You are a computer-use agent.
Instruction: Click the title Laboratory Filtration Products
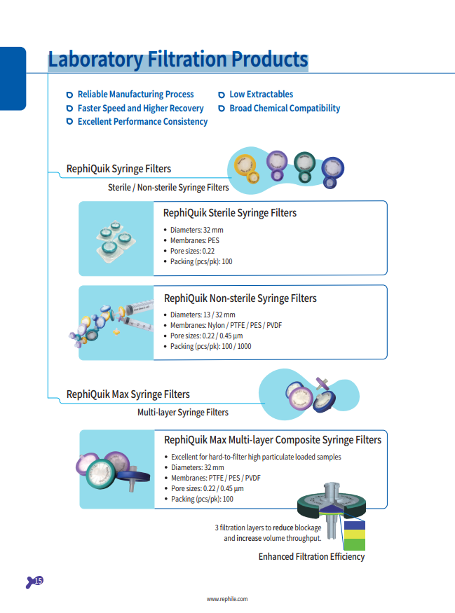[178, 60]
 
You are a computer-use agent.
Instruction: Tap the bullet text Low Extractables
[261, 94]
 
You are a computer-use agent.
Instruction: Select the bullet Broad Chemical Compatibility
[285, 108]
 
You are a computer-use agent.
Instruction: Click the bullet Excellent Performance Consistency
[142, 121]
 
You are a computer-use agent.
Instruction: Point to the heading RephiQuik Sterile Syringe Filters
[230, 213]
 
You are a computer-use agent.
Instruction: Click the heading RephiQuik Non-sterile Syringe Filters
[240, 298]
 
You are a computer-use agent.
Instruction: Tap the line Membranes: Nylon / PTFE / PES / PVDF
[226, 325]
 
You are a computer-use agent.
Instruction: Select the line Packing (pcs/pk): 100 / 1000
[210, 346]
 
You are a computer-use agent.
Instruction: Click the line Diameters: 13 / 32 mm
[203, 315]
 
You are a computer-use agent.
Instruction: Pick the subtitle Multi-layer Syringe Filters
[183, 412]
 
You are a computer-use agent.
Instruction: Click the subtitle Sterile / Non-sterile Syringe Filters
[168, 187]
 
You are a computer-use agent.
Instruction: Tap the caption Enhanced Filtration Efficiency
[311, 557]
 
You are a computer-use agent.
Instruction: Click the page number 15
[39, 581]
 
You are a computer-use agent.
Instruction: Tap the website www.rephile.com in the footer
[227, 599]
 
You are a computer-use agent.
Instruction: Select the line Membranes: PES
[195, 240]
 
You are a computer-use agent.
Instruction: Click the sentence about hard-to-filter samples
[256, 457]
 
